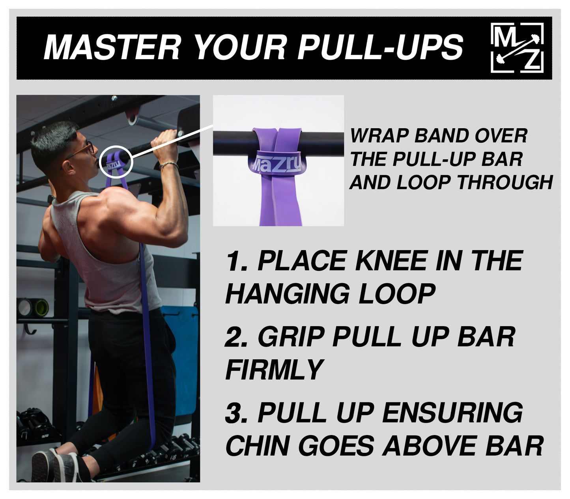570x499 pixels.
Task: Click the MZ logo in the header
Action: [x=517, y=48]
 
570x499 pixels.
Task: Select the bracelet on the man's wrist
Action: [x=169, y=164]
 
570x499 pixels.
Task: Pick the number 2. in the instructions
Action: [x=237, y=338]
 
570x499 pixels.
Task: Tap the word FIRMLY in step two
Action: [x=275, y=370]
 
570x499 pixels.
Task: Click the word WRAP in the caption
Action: [x=379, y=136]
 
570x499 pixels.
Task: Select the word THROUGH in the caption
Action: [x=505, y=183]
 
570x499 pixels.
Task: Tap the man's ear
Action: [x=68, y=166]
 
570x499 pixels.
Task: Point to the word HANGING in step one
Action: [x=287, y=294]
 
